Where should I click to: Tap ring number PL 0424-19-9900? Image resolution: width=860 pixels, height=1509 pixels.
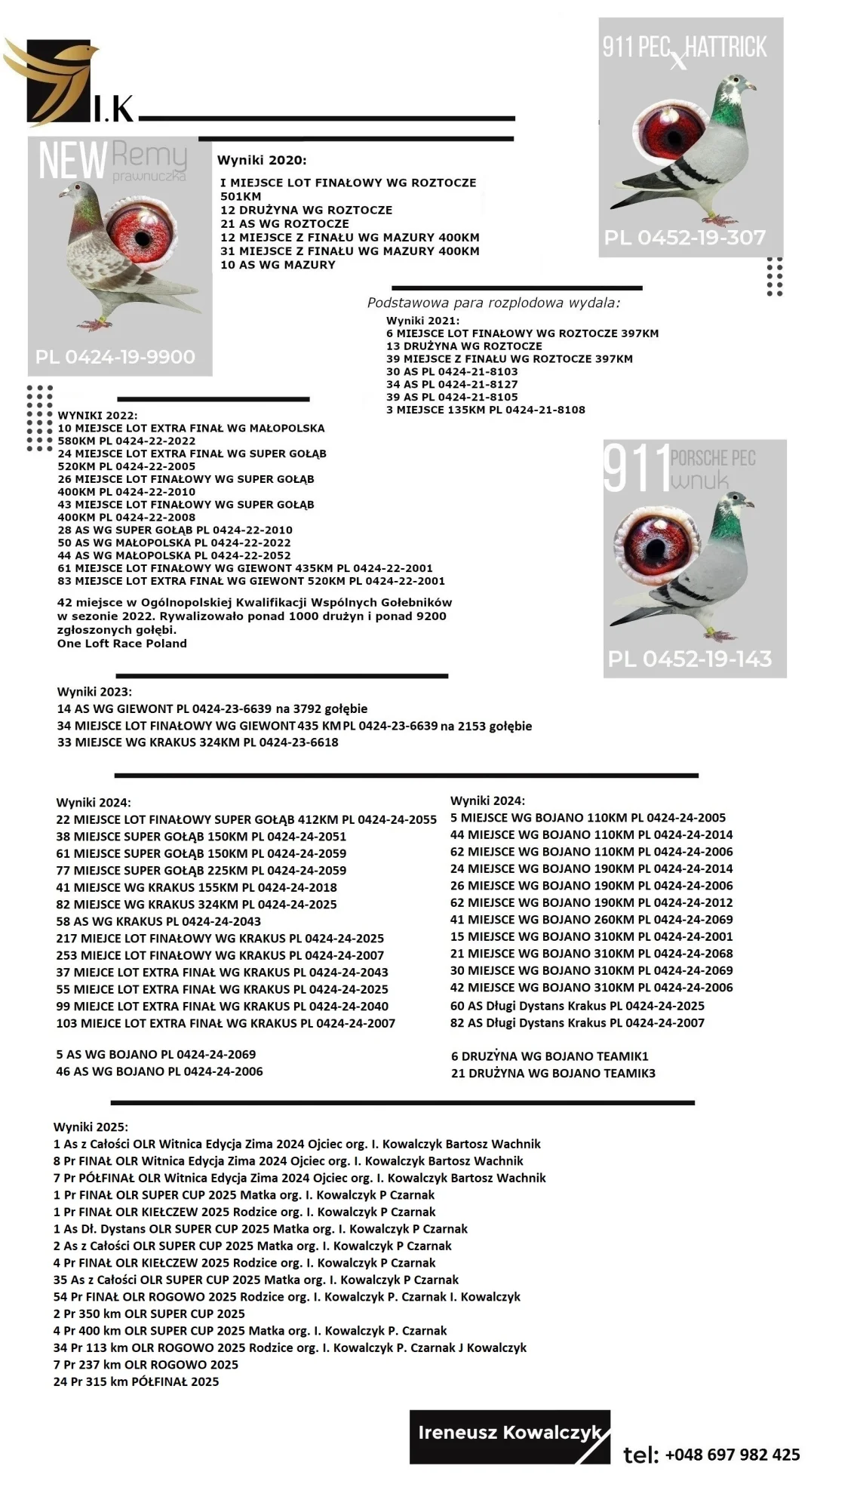click(x=115, y=357)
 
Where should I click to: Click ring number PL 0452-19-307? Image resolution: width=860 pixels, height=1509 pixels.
click(x=684, y=238)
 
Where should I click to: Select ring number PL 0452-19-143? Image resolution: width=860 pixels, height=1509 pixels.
click(x=690, y=659)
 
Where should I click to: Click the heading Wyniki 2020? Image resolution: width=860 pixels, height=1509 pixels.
click(x=262, y=160)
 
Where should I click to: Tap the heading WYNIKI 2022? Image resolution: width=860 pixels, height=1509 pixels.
click(x=97, y=416)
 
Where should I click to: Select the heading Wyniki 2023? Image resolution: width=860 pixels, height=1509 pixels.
click(x=94, y=692)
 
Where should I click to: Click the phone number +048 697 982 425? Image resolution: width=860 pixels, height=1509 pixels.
click(x=732, y=1455)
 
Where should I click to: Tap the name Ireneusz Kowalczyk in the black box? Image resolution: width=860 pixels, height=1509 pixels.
click(x=509, y=1433)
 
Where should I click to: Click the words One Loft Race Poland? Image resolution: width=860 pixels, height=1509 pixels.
click(x=121, y=644)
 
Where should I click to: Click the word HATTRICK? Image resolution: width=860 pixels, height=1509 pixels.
click(x=726, y=47)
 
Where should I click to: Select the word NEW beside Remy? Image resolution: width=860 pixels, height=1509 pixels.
click(x=72, y=160)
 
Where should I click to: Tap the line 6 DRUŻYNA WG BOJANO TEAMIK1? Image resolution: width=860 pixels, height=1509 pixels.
click(x=549, y=1056)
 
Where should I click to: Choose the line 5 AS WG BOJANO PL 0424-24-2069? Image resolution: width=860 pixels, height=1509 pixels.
click(x=155, y=1055)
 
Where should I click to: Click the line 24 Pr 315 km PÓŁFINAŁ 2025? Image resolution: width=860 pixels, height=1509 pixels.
click(x=136, y=1381)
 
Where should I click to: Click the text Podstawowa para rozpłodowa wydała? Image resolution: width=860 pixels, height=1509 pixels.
click(x=493, y=303)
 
